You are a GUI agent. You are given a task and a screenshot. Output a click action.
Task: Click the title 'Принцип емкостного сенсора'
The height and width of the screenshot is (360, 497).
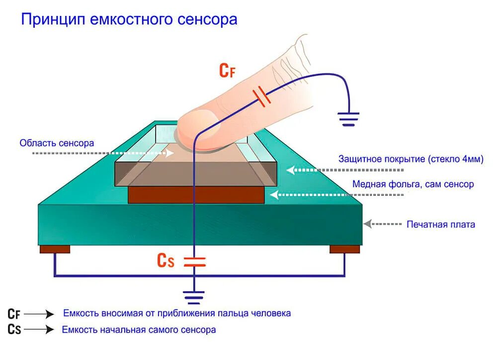tap(129, 19)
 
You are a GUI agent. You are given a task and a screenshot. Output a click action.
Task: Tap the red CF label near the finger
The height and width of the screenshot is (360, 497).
tap(227, 71)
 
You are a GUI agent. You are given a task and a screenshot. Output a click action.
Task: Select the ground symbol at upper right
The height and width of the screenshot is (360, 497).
tap(348, 118)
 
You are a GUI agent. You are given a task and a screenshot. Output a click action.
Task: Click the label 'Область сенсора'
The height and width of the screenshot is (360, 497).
tap(57, 143)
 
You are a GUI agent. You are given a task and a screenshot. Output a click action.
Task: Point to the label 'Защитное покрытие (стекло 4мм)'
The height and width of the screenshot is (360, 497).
tap(411, 159)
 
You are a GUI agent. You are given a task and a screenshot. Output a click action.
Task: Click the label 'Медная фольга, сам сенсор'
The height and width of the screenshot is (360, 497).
tap(413, 184)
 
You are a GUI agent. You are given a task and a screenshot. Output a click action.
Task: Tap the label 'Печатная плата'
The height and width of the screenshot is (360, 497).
tap(441, 224)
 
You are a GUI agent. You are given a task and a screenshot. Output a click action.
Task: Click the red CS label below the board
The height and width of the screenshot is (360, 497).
tap(166, 261)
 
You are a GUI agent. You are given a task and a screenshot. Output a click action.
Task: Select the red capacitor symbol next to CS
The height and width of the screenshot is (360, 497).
tap(194, 262)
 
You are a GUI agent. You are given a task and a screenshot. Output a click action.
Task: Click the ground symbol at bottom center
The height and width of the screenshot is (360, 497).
tap(194, 297)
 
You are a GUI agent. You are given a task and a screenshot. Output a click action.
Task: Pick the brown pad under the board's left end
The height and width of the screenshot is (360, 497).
tap(55, 249)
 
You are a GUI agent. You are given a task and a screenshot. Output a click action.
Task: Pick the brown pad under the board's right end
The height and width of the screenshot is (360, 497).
tap(344, 249)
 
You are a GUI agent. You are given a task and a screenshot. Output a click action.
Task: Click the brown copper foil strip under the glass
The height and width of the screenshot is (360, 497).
tap(196, 195)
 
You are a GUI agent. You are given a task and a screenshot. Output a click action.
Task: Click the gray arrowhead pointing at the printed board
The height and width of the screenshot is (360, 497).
tap(367, 224)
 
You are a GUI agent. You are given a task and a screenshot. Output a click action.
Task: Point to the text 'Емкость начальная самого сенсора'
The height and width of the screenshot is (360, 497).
tap(139, 330)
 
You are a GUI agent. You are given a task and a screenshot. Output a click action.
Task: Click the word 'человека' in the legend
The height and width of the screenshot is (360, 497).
tap(271, 313)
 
